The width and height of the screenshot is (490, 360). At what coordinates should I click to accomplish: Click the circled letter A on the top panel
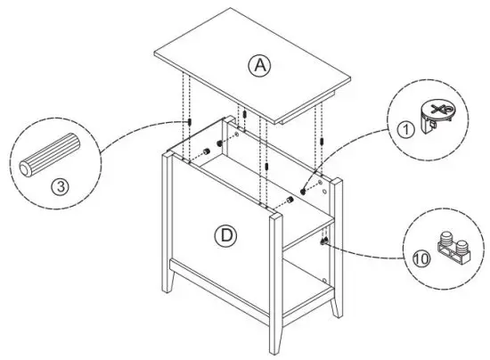coord(259,64)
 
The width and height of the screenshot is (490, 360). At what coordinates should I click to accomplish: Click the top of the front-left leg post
coord(169,159)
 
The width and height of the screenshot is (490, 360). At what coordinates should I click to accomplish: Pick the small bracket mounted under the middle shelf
coord(322,239)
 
